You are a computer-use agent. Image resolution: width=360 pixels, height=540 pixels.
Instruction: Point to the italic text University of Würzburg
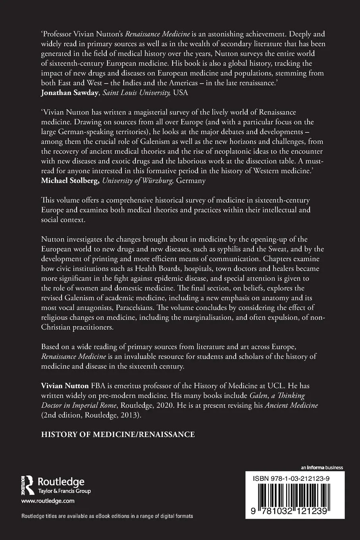point(137,181)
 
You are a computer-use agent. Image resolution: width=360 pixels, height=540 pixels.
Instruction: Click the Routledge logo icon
point(27,486)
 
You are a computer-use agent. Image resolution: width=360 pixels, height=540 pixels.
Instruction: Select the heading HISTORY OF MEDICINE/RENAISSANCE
point(118,434)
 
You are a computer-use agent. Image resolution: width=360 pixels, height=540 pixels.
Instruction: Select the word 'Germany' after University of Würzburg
point(191,181)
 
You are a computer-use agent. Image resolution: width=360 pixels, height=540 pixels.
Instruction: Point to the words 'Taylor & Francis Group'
point(64,491)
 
